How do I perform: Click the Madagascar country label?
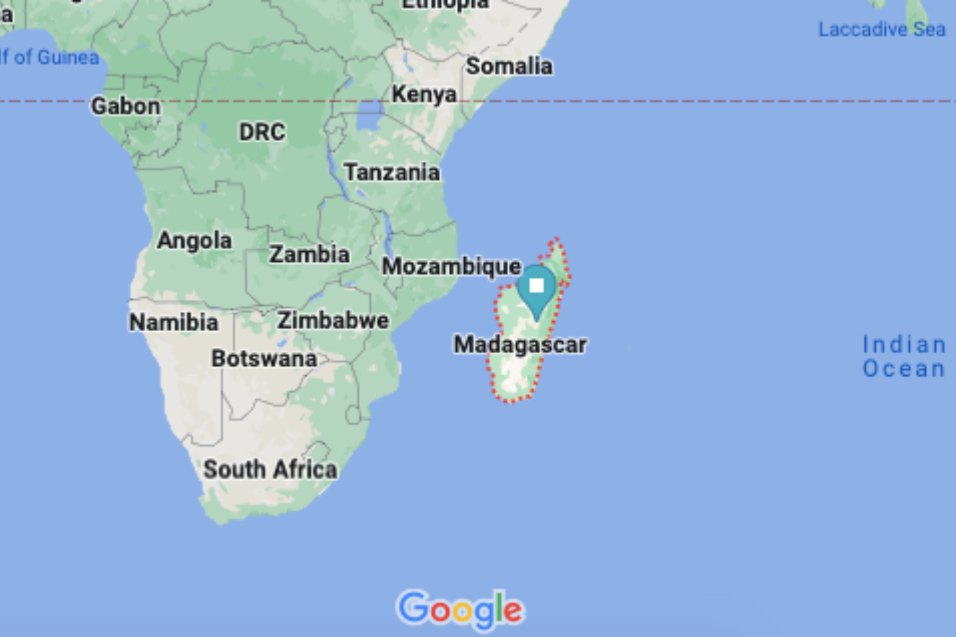pyautogui.click(x=520, y=345)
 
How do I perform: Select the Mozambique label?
pyautogui.click(x=451, y=266)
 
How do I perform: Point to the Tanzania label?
pyautogui.click(x=392, y=173)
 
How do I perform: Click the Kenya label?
pyautogui.click(x=424, y=94)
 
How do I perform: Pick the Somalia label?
pyautogui.click(x=509, y=66)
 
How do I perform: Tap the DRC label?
pyautogui.click(x=262, y=132)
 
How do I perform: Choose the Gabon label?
pyautogui.click(x=125, y=106)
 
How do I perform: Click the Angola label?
pyautogui.click(x=194, y=241)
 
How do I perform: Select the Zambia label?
pyautogui.click(x=309, y=254)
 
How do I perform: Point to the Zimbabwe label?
pyautogui.click(x=333, y=321)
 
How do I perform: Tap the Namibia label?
pyautogui.click(x=174, y=322)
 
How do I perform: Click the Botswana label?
pyautogui.click(x=264, y=359)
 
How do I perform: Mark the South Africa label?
pyautogui.click(x=270, y=470)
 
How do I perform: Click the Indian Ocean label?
pyautogui.click(x=903, y=357)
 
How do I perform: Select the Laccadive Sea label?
pyautogui.click(x=882, y=30)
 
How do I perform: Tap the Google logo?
pyautogui.click(x=460, y=609)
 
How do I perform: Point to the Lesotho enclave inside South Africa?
pyautogui.click(x=353, y=414)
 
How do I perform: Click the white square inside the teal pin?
pyautogui.click(x=536, y=286)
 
